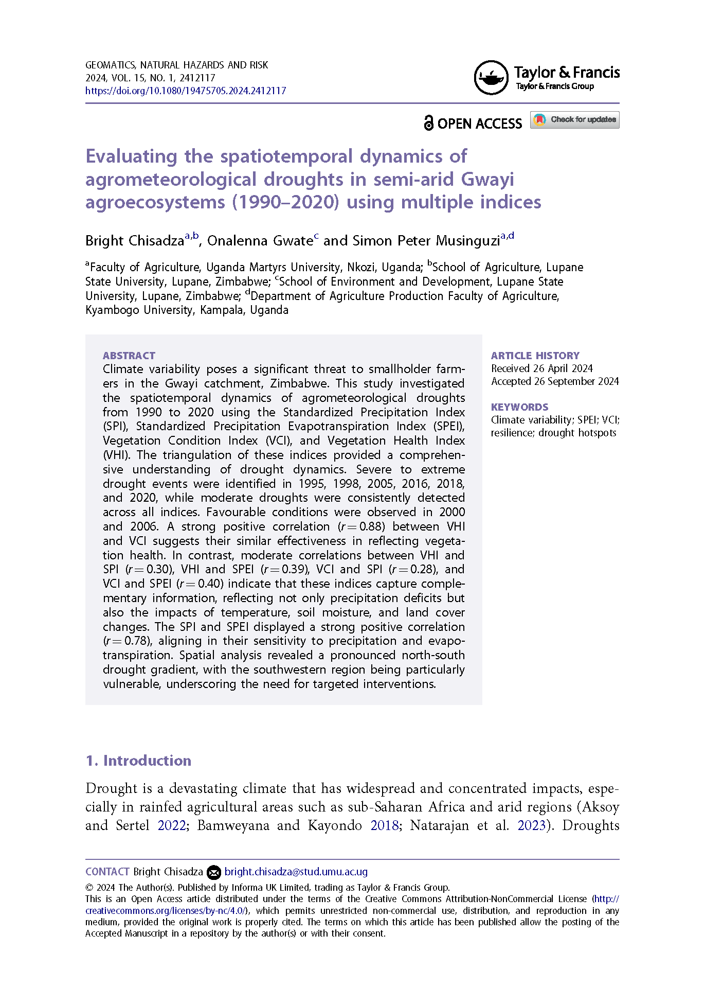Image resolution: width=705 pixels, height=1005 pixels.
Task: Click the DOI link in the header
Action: (186, 91)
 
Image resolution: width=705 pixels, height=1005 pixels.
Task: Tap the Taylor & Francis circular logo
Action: (491, 78)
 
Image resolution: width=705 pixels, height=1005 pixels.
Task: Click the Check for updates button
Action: (574, 120)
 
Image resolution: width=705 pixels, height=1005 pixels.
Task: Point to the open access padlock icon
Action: (428, 123)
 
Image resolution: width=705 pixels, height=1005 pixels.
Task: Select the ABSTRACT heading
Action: (129, 356)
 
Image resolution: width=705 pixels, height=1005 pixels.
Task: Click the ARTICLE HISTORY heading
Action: (535, 356)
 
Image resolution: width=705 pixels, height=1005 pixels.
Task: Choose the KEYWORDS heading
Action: (519, 407)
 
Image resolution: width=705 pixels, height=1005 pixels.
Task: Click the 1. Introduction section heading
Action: (138, 761)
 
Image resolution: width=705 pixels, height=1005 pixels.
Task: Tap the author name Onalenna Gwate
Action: (260, 241)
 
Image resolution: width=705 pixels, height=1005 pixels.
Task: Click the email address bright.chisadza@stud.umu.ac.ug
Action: (296, 872)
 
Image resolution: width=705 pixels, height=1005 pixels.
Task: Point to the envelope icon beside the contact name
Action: (213, 872)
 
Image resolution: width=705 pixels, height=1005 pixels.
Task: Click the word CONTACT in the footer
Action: (107, 872)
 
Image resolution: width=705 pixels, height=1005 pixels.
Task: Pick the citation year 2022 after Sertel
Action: (171, 825)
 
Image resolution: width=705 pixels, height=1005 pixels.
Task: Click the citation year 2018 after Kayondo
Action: (385, 825)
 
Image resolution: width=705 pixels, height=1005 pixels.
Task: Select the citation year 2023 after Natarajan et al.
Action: (531, 825)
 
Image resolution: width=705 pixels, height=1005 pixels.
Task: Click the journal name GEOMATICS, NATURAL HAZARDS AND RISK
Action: (176, 65)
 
